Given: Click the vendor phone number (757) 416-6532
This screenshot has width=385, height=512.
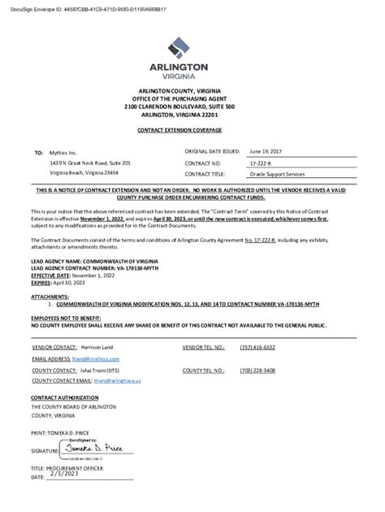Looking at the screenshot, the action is pyautogui.click(x=257, y=347).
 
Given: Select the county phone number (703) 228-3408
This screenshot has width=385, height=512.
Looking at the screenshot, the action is pyautogui.click(x=257, y=370).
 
